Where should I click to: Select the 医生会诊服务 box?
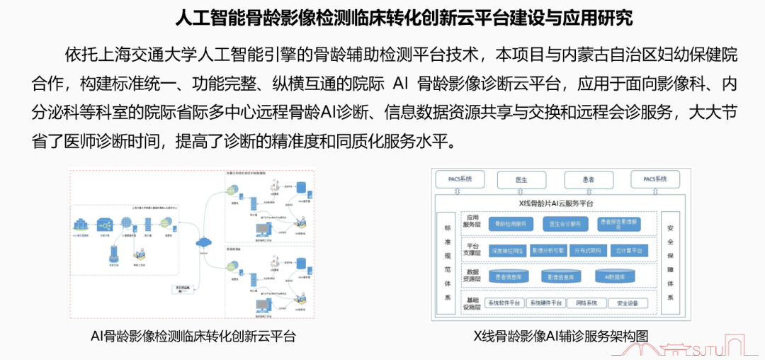(565, 224)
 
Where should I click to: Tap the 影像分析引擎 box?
(548, 251)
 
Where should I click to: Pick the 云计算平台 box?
(629, 251)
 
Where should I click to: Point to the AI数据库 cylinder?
(614, 276)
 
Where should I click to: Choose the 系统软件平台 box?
(504, 303)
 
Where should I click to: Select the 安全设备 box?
(628, 303)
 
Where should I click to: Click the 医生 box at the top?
(521, 179)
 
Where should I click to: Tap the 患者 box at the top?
(588, 179)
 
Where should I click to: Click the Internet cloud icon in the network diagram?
(204, 242)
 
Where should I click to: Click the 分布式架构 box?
(588, 251)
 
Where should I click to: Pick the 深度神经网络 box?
(507, 251)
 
